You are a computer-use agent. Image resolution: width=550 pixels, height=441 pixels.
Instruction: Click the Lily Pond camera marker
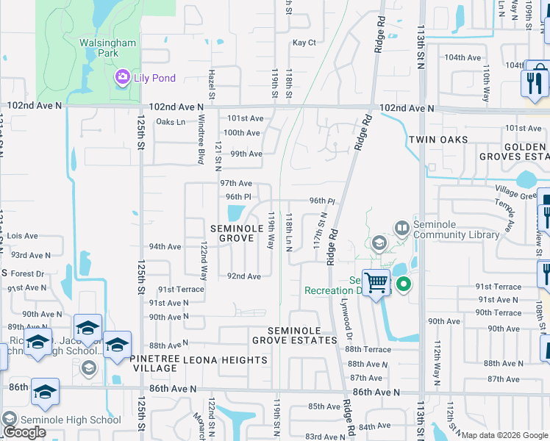coord(122,76)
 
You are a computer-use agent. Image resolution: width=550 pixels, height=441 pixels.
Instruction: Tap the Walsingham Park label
coord(108,49)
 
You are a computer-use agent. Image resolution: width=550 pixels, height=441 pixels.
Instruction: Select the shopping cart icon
coord(376,282)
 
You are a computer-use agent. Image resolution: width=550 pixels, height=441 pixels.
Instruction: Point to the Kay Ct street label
coord(304,43)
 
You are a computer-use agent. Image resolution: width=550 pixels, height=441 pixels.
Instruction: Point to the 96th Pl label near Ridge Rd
coord(321,201)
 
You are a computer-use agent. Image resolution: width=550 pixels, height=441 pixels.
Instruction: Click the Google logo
coord(24,431)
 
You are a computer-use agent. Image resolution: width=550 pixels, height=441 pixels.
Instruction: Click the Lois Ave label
coord(21,236)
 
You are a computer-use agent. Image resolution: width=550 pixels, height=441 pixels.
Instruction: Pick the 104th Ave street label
coord(463,57)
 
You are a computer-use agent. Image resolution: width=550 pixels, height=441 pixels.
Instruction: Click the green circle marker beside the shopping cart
coord(403,284)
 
